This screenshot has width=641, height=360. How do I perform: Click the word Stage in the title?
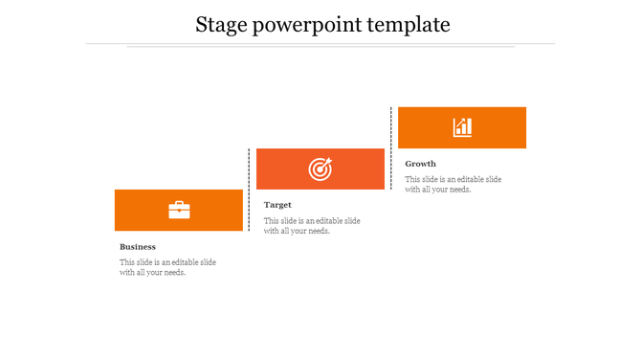[x=219, y=25]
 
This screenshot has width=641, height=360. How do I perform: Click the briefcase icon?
[x=179, y=210]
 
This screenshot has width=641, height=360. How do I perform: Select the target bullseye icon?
[x=320, y=169]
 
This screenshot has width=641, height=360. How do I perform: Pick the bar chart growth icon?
[x=462, y=127]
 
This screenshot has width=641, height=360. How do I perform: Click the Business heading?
[x=138, y=247]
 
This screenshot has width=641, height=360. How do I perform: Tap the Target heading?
[x=277, y=205]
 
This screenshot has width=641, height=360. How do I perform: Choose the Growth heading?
[x=420, y=164]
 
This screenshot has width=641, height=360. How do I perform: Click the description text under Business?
[x=167, y=267]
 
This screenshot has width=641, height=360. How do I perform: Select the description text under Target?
[x=312, y=226]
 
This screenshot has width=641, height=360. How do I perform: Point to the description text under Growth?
[x=453, y=184]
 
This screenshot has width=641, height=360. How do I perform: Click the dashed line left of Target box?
[x=250, y=190]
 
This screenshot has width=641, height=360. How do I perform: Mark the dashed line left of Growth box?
[x=391, y=147]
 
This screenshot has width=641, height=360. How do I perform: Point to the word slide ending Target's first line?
[x=350, y=221]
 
